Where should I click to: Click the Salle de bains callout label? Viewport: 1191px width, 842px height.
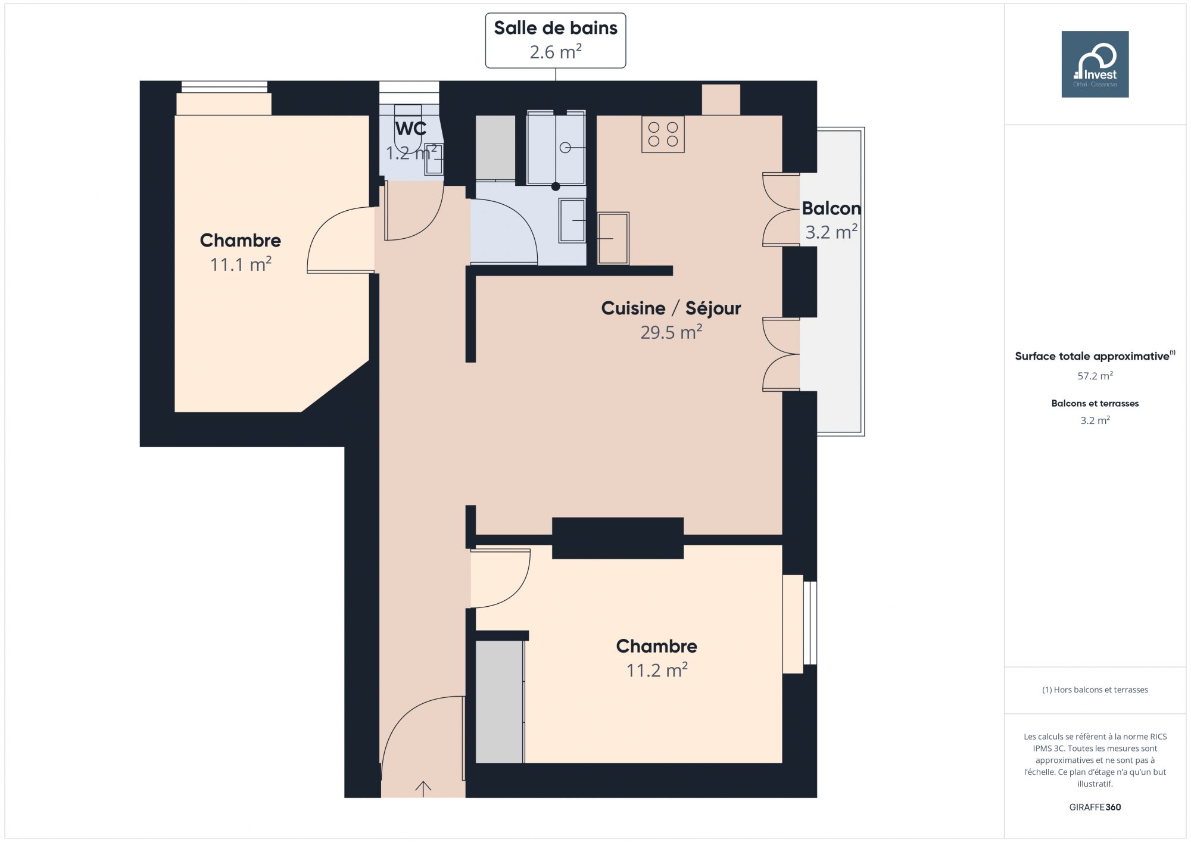556,40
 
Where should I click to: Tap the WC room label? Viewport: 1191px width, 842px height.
411,129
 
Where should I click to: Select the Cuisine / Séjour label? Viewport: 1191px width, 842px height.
671,308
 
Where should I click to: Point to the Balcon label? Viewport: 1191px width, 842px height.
831,208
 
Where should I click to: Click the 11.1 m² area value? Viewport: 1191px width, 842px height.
241,264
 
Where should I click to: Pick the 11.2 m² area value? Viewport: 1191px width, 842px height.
657,670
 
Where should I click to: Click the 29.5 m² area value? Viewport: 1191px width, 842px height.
671,332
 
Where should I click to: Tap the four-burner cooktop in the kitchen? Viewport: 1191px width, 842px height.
663,134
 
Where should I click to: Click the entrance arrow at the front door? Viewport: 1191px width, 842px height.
423,788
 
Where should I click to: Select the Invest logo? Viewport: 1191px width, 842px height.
1095,64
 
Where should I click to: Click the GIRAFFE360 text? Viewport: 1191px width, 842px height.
1095,807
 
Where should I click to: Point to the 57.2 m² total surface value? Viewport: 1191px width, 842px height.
1095,376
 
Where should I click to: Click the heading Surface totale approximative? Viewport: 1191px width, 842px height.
1092,356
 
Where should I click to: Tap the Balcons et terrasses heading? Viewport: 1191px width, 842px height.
1095,403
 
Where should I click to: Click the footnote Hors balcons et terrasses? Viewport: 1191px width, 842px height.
1095,690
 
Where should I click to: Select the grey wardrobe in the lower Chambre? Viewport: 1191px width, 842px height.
500,701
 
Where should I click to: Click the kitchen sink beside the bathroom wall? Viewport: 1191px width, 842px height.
613,238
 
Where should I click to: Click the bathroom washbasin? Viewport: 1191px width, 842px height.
572,220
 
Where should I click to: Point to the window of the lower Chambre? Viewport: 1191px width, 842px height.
810,623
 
